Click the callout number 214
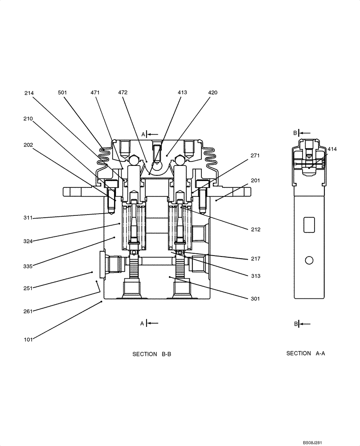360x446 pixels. (x=29, y=93)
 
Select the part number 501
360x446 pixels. (x=62, y=93)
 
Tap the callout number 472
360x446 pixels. (x=123, y=93)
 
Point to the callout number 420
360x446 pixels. (x=213, y=93)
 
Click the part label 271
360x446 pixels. (x=255, y=156)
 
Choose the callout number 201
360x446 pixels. (x=255, y=181)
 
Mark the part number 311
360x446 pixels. (x=28, y=218)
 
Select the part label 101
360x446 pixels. (x=28, y=340)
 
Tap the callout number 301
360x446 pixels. (x=255, y=299)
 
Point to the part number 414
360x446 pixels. (x=332, y=149)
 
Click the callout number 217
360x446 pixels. (x=255, y=259)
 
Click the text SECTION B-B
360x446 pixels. (x=151, y=354)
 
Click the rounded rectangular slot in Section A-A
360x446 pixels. (x=308, y=225)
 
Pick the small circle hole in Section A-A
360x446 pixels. (x=308, y=260)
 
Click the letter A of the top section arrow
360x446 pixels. (x=143, y=134)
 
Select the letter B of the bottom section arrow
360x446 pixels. (x=296, y=324)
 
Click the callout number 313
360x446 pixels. (x=255, y=276)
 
